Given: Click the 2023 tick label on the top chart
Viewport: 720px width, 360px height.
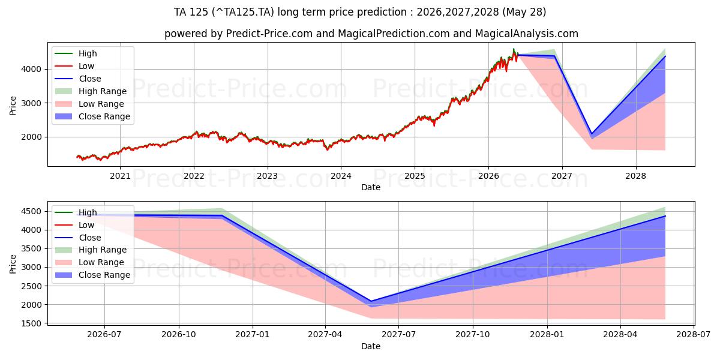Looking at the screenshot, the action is pos(268,176).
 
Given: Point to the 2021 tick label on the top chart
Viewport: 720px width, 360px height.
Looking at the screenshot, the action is pos(120,176).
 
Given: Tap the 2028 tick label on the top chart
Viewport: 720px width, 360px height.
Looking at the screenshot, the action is pos(636,176).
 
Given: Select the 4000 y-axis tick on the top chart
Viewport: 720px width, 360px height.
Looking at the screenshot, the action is pos(31,69).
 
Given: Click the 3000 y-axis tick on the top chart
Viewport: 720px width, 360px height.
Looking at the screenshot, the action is pos(31,103).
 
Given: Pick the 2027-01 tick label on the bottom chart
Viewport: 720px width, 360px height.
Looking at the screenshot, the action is pos(253,335).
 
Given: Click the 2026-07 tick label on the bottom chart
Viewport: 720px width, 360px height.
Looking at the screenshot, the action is pos(104,335).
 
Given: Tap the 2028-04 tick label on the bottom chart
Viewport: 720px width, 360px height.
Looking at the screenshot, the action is pos(620,335).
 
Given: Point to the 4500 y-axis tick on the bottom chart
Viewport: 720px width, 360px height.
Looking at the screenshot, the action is pos(31,211).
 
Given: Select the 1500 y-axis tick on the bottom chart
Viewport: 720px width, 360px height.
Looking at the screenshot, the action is pos(31,323).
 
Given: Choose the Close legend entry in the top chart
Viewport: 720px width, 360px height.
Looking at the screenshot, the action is pos(78,79).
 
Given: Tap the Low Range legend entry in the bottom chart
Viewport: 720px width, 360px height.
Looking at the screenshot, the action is pos(89,262).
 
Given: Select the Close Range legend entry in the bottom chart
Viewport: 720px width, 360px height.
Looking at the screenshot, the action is pos(92,275).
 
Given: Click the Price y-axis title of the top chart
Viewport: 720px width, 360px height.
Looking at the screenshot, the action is pos(13,106).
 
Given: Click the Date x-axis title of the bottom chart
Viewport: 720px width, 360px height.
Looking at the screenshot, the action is pos(371,346).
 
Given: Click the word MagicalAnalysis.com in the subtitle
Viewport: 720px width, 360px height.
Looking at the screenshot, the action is pos(527,34).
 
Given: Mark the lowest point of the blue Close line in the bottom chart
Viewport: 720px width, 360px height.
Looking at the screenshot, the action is pos(371,301).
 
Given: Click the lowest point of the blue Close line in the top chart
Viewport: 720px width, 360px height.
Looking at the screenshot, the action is pos(592,134).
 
